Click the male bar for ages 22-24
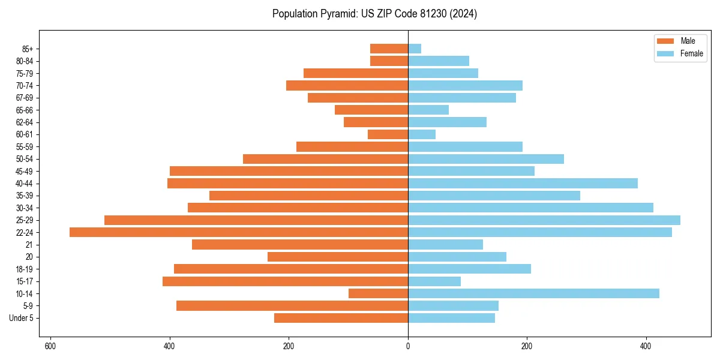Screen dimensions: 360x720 point(239,232)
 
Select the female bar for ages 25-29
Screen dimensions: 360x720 point(544,220)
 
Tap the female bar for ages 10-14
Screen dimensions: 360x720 point(533,293)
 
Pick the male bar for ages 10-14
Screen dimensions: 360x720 point(378,293)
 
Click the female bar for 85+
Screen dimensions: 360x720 point(415,49)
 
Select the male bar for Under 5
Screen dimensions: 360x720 point(341,318)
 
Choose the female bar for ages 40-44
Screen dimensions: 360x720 point(523,184)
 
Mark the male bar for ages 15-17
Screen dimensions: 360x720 point(285,281)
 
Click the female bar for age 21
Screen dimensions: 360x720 point(445,245)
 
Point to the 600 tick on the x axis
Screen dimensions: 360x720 point(50,346)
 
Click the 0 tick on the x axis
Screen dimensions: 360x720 point(408,346)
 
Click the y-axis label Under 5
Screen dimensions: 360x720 point(22,318)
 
